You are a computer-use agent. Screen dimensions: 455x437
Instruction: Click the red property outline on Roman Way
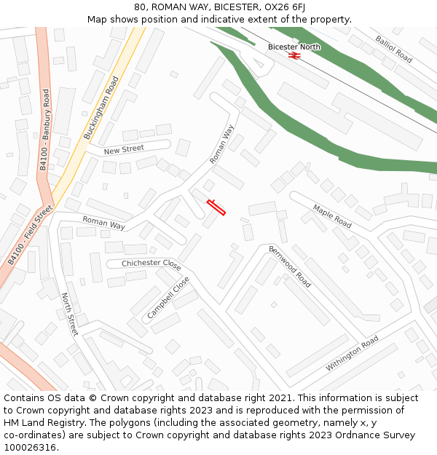point(216,207)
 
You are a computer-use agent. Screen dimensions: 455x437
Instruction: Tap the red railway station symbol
point(294,55)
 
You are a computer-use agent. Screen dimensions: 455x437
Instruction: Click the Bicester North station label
point(294,47)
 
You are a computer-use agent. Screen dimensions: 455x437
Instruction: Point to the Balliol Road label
point(394,49)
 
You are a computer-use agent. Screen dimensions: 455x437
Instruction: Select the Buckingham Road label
point(101,108)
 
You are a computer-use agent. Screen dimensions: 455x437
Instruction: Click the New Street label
point(124,150)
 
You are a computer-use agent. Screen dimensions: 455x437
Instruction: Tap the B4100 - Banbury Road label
point(44,130)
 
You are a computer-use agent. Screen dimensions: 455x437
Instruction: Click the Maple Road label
point(332,216)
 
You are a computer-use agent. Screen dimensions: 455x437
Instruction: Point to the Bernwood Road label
point(290,266)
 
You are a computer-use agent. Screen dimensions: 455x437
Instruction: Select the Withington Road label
point(352,354)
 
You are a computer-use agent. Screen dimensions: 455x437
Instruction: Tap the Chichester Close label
point(151,264)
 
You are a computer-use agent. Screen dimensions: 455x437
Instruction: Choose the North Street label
point(69,314)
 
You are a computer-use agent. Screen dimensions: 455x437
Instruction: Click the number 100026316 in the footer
point(30,447)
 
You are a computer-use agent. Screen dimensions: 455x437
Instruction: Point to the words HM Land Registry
point(39,422)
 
